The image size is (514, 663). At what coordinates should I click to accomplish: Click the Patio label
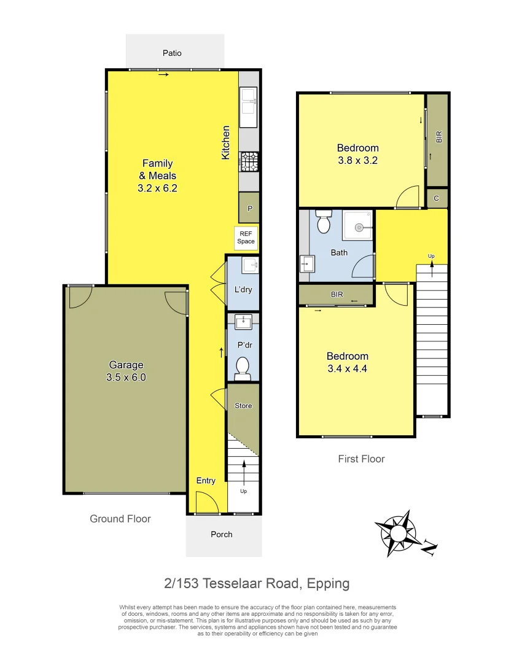[172, 53]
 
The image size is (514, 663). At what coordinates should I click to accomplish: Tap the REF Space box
[246, 238]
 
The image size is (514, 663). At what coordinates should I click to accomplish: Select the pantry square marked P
[249, 208]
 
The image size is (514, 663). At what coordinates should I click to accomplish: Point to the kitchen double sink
[249, 101]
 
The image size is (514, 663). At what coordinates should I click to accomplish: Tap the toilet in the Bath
[324, 220]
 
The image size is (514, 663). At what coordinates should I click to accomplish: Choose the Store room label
[243, 406]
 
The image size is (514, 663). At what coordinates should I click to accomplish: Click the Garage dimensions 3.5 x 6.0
[126, 378]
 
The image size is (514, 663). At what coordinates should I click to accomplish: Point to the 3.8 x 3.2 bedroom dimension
[357, 161]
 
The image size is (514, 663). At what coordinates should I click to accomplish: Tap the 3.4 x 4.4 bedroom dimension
[347, 369]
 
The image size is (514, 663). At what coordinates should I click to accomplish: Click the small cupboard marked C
[437, 198]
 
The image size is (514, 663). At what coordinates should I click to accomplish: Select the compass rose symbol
[399, 532]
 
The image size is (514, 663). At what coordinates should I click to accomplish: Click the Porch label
[222, 534]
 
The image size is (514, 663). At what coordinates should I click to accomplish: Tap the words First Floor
[361, 459]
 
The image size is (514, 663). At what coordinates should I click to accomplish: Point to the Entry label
[206, 481]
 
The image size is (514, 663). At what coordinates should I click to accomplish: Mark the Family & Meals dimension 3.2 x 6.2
[157, 188]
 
